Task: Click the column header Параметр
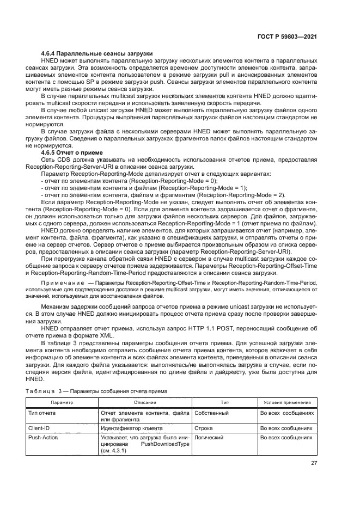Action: click(62, 402)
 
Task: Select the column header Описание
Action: click(145, 402)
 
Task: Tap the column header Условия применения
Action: click(287, 402)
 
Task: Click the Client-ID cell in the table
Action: click(39, 428)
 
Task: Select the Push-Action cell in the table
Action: click(43, 437)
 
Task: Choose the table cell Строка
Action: click(203, 428)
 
